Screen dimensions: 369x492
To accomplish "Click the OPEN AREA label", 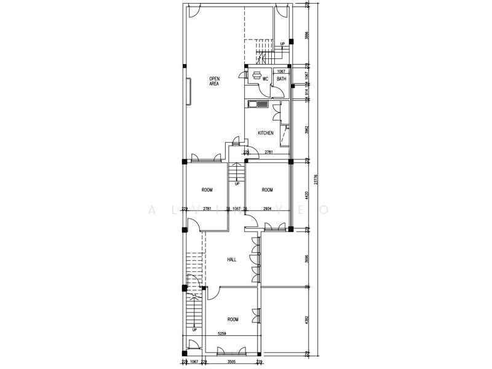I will click(x=214, y=81).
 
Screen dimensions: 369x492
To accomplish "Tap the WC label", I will click(x=266, y=79).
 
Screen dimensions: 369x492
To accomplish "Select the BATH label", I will click(x=281, y=79).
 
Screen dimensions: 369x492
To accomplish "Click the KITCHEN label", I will click(x=266, y=133).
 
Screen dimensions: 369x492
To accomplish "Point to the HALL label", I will click(x=232, y=260).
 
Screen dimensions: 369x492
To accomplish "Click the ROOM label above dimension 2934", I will click(x=267, y=189).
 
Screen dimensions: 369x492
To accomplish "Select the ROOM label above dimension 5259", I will click(x=232, y=320).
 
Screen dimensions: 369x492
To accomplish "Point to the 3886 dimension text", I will click(x=306, y=36).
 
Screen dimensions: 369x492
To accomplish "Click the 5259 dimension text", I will click(x=222, y=334).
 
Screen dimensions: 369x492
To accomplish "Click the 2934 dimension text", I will click(x=268, y=209).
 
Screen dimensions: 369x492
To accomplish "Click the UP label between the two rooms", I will click(x=236, y=184).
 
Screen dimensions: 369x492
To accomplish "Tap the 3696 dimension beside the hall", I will click(x=306, y=258).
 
